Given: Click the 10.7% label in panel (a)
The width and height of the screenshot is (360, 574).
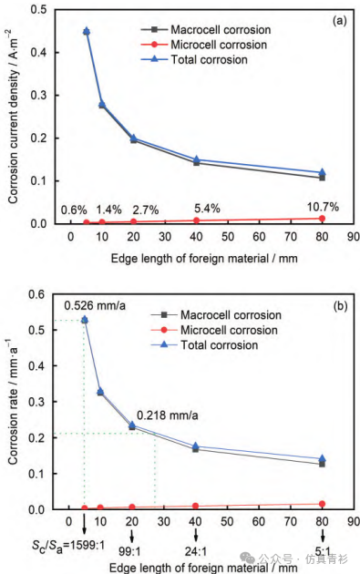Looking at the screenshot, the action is coord(323,207).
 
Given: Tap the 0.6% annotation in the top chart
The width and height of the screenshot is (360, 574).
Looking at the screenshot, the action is coord(74,210).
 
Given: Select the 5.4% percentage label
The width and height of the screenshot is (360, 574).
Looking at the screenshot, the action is coord(207,209).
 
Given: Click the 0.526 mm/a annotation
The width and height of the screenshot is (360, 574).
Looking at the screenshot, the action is coord(95,305).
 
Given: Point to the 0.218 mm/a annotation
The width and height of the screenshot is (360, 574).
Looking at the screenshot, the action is coord(168,415).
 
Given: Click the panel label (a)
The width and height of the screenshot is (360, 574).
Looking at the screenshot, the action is coord(339,20).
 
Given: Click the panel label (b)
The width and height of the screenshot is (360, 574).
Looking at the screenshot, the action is coord(340,305).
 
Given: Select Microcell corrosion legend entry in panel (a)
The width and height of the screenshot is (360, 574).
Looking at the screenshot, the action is coord(204,45).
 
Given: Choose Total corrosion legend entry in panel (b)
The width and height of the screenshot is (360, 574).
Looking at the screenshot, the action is coord(204,344).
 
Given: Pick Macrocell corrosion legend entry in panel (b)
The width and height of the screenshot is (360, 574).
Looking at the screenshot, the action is coord(216,315).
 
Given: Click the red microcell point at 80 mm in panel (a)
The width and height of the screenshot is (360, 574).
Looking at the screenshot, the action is coord(322,219).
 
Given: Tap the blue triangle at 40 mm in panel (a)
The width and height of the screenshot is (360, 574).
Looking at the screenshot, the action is coord(196,159).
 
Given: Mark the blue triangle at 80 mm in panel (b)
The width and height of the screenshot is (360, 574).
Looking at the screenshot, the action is coord(323,458).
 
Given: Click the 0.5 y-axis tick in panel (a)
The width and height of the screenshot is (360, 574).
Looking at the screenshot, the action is coord(38,9).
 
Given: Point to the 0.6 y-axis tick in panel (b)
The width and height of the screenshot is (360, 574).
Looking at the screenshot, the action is coord(36,294).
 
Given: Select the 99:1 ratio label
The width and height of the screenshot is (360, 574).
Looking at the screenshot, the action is coord(129,551).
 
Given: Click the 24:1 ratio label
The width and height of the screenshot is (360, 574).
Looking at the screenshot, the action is coord(196,551).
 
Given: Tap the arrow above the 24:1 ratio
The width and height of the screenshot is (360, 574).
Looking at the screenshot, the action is coord(196,535).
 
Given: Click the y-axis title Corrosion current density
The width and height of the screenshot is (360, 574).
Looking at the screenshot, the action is coord(13,117).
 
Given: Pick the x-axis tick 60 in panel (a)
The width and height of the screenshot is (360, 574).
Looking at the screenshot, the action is coord(259,237).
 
